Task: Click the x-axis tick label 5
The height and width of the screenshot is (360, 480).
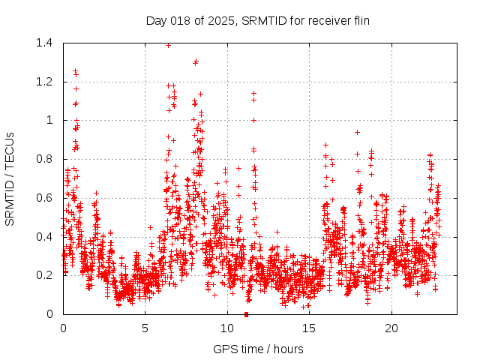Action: (x=145, y=328)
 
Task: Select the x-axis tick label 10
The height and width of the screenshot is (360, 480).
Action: (x=227, y=328)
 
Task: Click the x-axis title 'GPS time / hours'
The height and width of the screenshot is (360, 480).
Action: (x=258, y=349)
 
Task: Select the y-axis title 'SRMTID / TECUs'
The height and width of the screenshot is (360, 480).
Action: (x=10, y=178)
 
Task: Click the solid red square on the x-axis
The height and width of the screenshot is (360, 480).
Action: (x=246, y=314)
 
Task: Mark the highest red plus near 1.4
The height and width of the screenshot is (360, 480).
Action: (x=168, y=45)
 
